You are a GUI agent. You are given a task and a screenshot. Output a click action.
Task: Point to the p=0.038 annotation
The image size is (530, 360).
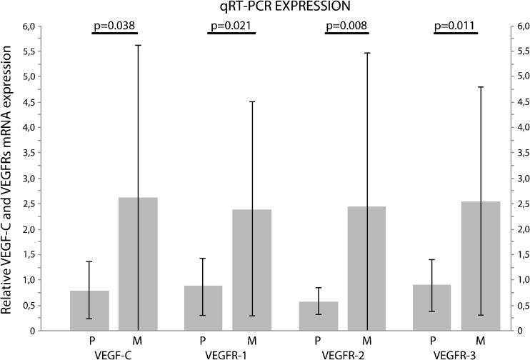click(x=114, y=26)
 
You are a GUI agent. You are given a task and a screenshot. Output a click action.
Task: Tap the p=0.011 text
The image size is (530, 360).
click(x=457, y=26)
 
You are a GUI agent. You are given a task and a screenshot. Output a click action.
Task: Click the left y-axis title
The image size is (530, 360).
click(x=10, y=179)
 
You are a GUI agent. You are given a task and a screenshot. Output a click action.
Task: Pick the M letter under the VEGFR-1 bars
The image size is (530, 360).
click(x=252, y=339)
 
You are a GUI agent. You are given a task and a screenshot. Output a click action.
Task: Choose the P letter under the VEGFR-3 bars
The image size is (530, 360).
click(x=433, y=339)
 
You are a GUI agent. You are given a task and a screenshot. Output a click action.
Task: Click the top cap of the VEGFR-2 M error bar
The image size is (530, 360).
click(x=367, y=53)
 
